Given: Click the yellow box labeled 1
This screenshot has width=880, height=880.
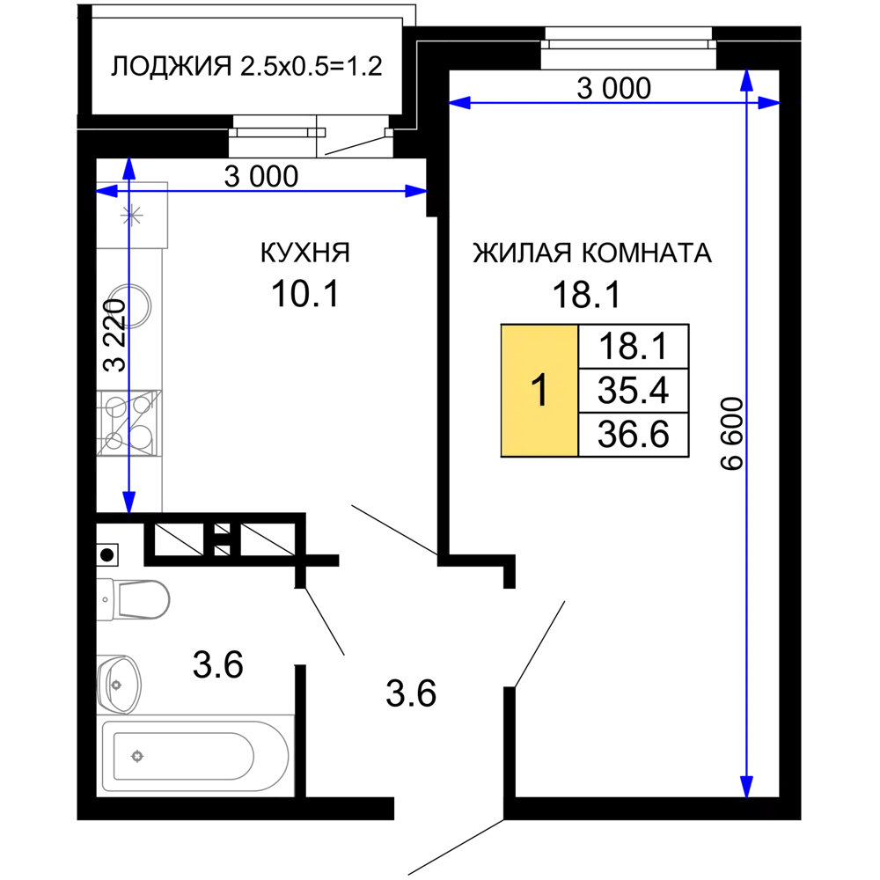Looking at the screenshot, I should click(539, 390).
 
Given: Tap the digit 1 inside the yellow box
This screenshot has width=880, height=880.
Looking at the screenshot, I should click(540, 390).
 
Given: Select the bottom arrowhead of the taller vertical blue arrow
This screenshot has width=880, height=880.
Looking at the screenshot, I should click(746, 786).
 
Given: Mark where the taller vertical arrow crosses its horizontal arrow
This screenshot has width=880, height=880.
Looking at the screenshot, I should click(746, 104).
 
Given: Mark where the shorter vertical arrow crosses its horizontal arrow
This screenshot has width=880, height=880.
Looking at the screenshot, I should click(128, 191).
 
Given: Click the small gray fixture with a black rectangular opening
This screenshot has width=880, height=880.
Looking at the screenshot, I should click(137, 601).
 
